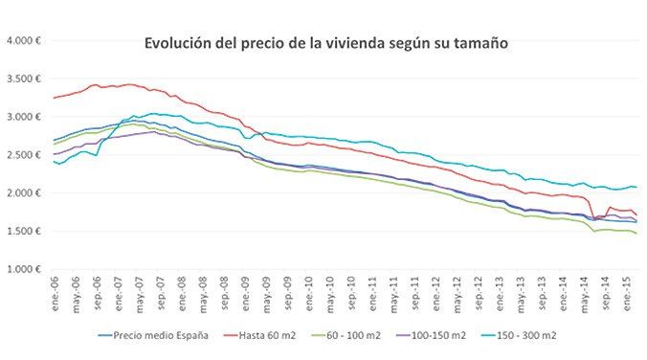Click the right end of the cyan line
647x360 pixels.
636,188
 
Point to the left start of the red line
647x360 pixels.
54,98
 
